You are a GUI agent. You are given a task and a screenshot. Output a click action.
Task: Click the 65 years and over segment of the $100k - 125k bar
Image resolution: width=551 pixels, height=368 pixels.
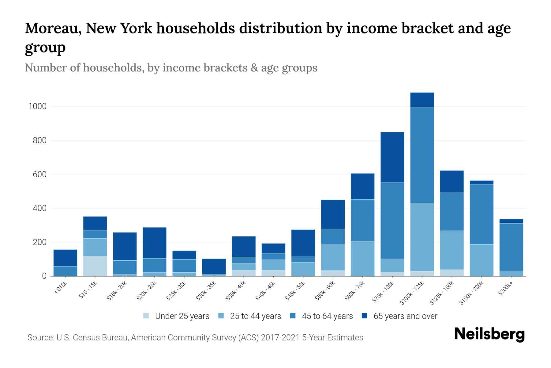[x=422, y=100]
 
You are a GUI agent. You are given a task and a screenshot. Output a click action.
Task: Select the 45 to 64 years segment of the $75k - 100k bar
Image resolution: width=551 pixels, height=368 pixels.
[x=392, y=220]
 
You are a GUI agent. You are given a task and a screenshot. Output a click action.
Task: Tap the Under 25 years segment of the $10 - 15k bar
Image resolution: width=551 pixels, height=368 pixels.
[x=95, y=266]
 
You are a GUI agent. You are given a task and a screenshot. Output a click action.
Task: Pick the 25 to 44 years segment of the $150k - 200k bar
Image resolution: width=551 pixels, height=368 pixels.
[x=481, y=260]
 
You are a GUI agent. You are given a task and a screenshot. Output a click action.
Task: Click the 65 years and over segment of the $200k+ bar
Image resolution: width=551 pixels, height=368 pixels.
[x=511, y=221]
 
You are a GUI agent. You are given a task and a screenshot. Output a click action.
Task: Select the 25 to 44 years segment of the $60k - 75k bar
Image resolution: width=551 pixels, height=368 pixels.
[x=362, y=258]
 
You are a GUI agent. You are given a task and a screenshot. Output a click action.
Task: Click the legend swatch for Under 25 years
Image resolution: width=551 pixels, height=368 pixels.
[x=146, y=316]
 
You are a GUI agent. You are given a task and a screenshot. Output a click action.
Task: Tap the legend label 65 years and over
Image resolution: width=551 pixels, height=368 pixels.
[x=405, y=316]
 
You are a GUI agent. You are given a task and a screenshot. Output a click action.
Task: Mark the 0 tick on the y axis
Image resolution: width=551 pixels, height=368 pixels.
[x=44, y=276]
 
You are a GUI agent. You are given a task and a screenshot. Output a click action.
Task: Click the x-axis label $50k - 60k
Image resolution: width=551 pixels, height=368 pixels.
[x=325, y=291]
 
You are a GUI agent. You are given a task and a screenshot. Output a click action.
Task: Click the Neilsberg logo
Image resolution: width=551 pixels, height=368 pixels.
[x=489, y=335]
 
